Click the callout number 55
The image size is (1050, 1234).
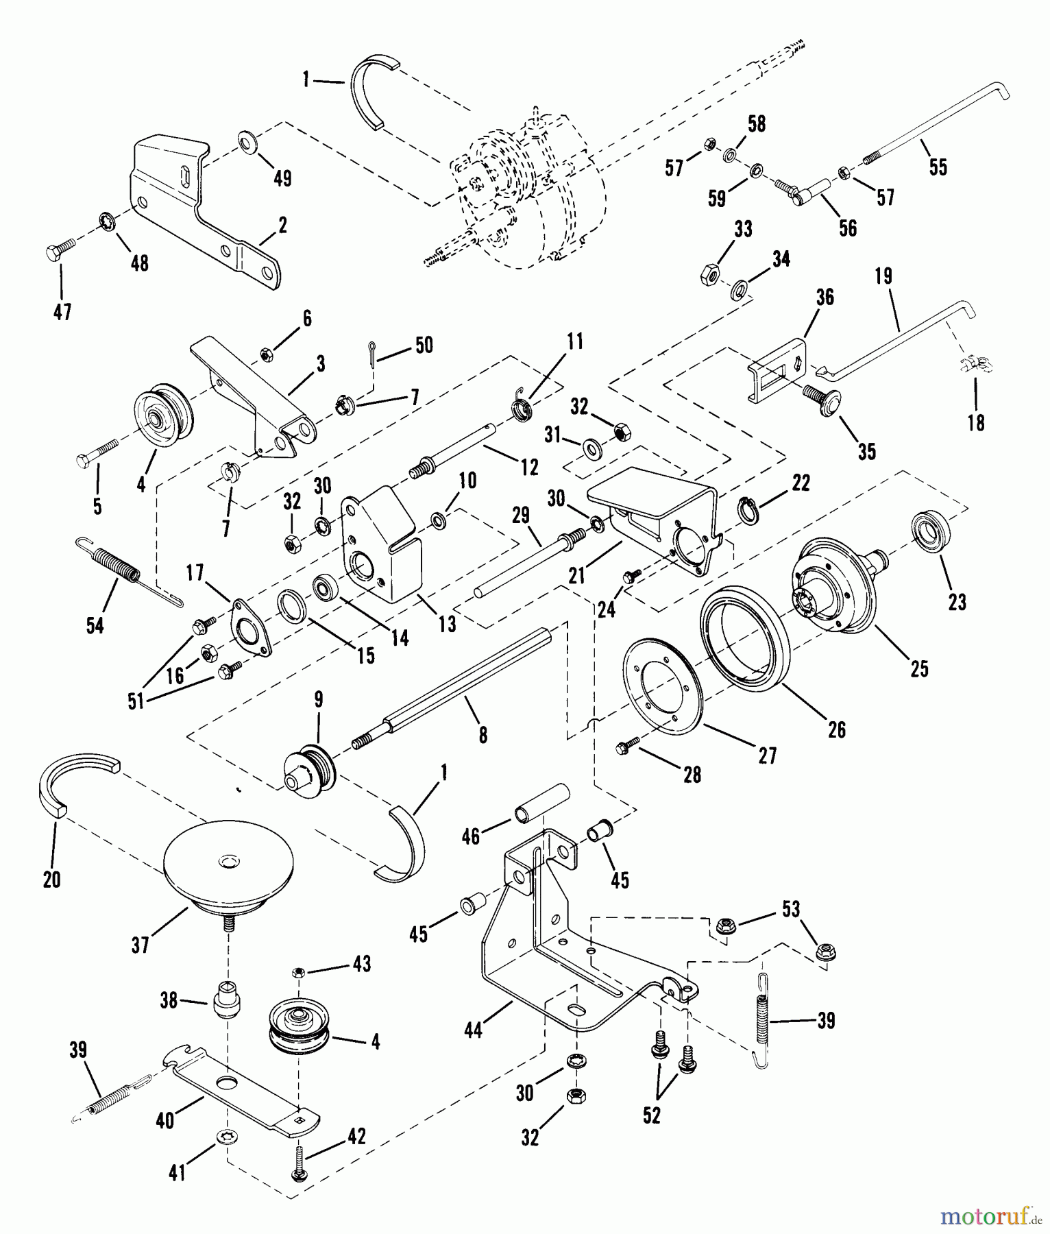938,167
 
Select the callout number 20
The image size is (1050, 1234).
52,880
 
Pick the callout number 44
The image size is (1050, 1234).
474,1029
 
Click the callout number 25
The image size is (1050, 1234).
919,668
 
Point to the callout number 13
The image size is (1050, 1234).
447,625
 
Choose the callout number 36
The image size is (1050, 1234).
825,297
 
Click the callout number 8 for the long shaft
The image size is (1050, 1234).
483,735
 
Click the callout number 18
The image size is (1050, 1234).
975,423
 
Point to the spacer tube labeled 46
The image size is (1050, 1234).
543,803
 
